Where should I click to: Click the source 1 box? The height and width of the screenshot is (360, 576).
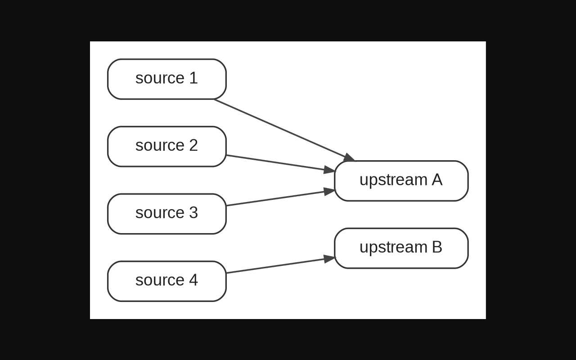click(x=166, y=79)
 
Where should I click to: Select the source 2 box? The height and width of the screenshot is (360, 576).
click(x=166, y=146)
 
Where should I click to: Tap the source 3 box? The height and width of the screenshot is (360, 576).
click(x=166, y=214)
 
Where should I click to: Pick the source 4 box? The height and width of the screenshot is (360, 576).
click(x=166, y=281)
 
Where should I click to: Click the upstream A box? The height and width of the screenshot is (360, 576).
click(x=401, y=181)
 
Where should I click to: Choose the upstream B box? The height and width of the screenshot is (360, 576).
click(x=401, y=248)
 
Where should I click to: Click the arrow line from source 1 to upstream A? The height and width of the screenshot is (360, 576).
click(x=284, y=130)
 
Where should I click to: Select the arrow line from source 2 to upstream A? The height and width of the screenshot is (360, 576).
click(x=281, y=163)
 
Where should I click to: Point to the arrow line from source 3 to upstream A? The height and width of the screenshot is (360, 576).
click(x=281, y=198)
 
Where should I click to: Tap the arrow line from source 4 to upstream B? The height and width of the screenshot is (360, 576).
click(x=281, y=265)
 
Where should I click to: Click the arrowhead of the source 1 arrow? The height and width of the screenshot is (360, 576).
click(x=349, y=157)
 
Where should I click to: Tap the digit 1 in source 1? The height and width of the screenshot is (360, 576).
click(x=193, y=78)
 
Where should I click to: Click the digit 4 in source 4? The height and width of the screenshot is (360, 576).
click(x=193, y=279)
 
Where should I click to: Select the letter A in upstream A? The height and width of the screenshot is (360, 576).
click(x=437, y=180)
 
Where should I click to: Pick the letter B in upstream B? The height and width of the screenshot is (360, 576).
click(x=437, y=247)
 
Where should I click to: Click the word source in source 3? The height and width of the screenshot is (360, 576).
click(x=160, y=213)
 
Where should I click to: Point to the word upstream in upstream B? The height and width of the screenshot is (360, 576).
click(x=393, y=247)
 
